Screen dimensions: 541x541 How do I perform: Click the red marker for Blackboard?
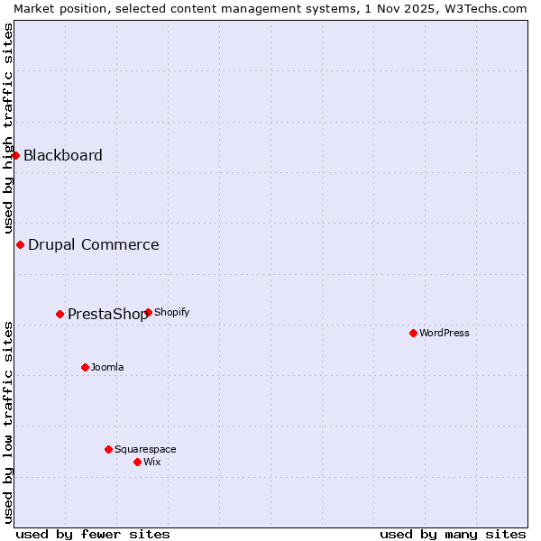coord(15,155)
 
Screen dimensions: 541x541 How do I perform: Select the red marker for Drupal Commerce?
coord(20,244)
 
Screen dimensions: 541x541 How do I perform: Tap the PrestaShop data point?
coord(60,314)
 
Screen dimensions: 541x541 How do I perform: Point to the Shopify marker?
coord(148,312)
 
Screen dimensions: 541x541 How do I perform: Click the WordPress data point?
coord(413,333)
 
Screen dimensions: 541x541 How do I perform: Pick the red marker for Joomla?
coord(85,367)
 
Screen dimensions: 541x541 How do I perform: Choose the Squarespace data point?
coord(108,449)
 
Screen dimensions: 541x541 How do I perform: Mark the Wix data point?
coord(137,462)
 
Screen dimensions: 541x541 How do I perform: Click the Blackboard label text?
coord(63,155)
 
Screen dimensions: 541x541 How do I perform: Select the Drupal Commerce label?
coord(94,244)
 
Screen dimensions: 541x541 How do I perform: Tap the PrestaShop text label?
coord(107,315)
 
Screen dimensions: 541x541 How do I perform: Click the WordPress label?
coord(445,333)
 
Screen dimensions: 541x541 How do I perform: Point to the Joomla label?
coord(107,367)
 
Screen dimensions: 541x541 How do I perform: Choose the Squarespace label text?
coord(145,449)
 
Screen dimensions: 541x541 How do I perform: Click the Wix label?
coord(152,462)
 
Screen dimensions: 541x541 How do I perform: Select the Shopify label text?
coord(172,312)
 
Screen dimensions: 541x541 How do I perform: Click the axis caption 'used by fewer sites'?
coord(93,534)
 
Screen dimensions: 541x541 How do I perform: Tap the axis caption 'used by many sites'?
coord(453,534)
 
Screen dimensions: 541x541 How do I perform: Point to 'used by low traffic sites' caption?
coord(8,421)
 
